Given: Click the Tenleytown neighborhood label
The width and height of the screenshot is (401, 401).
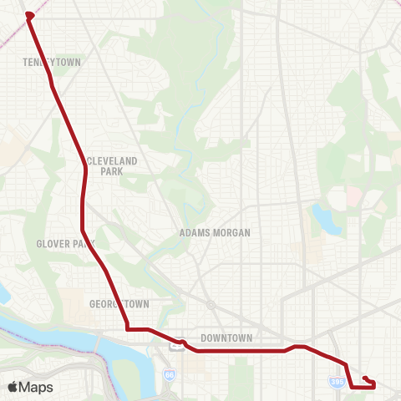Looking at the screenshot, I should point(50,61).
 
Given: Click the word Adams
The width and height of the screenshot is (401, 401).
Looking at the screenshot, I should point(196,233).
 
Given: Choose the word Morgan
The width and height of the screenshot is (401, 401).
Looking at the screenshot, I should point(233,233).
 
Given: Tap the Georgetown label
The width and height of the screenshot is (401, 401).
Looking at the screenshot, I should point(119,304).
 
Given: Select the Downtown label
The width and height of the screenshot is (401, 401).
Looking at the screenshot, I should point(226,338).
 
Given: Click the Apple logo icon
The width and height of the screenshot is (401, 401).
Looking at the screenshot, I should point(13,387).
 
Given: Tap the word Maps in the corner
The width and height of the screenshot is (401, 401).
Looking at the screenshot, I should point(36,387).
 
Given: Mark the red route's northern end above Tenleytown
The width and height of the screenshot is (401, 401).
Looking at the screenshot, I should point(29,14).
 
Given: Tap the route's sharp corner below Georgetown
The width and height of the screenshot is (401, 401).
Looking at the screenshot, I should point(127,328).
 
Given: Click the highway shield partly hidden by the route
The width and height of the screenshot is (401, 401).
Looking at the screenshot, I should point(178,341).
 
